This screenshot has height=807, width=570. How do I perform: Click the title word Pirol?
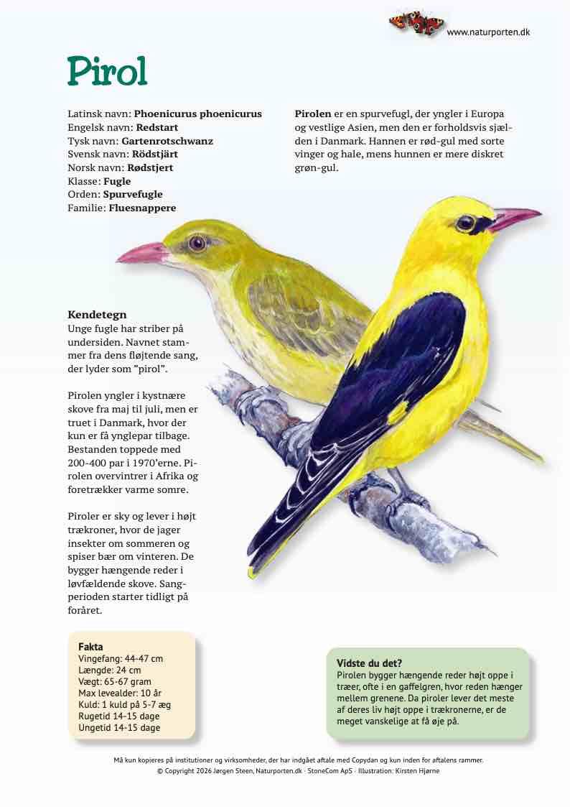pos(107,71)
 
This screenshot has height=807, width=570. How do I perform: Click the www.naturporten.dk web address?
pos(488,32)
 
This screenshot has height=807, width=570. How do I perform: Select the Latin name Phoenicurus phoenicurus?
pos(197,114)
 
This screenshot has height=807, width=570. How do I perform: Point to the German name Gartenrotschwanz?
pos(167,141)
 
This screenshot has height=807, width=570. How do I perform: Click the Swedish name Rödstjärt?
pos(154,154)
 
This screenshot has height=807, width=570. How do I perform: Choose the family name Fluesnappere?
pos(142,208)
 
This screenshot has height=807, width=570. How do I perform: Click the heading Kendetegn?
pos(97,315)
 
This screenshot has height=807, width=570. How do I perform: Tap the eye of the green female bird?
pos(197,244)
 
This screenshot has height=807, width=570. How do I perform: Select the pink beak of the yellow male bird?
pos(514,216)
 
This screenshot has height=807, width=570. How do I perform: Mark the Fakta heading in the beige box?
pos(90,647)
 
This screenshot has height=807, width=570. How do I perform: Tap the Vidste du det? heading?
pos(369,663)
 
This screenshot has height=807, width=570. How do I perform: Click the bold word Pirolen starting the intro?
pos(313,114)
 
